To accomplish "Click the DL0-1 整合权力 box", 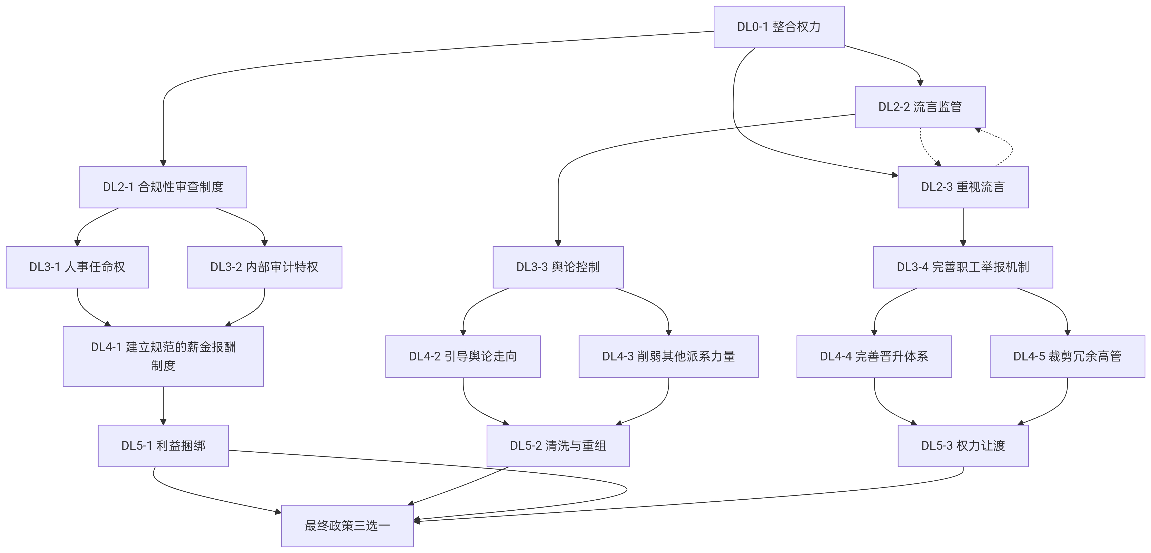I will click(779, 27).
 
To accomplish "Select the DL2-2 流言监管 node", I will click(920, 107).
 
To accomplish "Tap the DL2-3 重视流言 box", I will click(963, 187).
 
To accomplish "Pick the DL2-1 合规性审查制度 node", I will click(163, 187).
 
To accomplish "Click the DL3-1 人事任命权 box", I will click(77, 267).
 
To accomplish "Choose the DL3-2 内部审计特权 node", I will click(265, 267).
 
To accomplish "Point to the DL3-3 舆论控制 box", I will click(558, 267).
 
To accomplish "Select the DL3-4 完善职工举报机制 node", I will click(963, 267).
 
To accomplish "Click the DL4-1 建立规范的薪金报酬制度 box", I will click(163, 356).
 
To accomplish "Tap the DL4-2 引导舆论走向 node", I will click(463, 356).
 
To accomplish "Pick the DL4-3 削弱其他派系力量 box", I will click(668, 356).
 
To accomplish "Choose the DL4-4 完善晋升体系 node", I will click(874, 356).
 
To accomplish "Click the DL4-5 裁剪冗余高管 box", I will click(1068, 356).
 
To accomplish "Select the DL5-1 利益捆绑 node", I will click(163, 446).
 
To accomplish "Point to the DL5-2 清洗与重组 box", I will click(558, 446).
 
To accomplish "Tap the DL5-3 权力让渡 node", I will click(963, 446).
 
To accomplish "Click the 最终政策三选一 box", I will click(347, 526).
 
